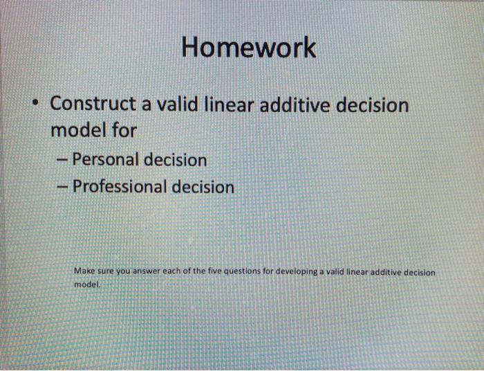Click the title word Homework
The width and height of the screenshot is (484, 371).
click(249, 48)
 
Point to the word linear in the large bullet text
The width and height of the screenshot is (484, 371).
click(223, 105)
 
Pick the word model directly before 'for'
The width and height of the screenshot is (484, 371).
click(76, 130)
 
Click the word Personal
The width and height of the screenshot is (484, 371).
click(104, 160)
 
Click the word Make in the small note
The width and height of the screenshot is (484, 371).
click(83, 272)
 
